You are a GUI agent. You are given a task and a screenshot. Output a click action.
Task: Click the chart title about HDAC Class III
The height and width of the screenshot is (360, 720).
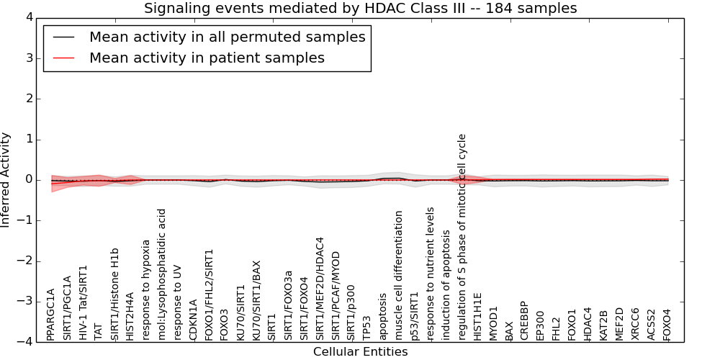pyautogui.click(x=360, y=8)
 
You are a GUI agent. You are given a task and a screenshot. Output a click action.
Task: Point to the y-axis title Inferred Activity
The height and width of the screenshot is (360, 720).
pyautogui.click(x=5, y=180)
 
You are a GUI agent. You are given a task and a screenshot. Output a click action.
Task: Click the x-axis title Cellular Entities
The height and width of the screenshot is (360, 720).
pyautogui.click(x=361, y=352)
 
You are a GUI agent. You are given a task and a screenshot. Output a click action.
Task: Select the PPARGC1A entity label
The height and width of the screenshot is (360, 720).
pyautogui.click(x=50, y=315)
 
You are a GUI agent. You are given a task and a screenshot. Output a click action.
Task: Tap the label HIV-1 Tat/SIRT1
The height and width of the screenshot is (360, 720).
pyautogui.click(x=83, y=302)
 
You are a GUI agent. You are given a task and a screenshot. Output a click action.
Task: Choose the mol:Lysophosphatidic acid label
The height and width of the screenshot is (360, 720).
pyautogui.click(x=161, y=274)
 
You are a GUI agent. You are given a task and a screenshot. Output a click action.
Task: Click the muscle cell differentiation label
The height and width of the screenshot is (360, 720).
pyautogui.click(x=399, y=276)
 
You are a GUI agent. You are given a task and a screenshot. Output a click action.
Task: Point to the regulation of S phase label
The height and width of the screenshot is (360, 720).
pyautogui.click(x=462, y=238)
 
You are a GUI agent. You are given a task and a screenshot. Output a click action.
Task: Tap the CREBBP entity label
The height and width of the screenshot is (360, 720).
pyautogui.click(x=525, y=320)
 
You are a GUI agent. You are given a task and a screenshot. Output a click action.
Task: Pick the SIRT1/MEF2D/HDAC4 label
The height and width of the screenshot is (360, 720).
pyautogui.click(x=320, y=289)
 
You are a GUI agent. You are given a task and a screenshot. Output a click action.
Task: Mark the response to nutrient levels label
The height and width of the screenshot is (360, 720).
pyautogui.click(x=431, y=274)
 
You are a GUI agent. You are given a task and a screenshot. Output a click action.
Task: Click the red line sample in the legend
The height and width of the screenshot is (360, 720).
pyautogui.click(x=64, y=58)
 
